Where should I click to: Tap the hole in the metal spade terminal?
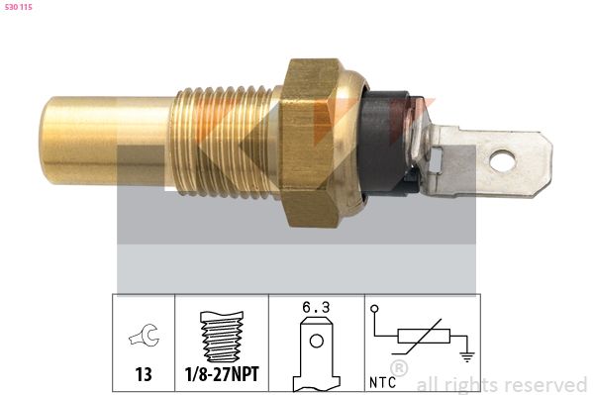pyautogui.click(x=504, y=157)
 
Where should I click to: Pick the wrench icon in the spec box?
pyautogui.click(x=143, y=337)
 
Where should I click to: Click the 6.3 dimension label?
pyautogui.click(x=316, y=307)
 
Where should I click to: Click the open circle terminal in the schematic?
pyautogui.click(x=374, y=308)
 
